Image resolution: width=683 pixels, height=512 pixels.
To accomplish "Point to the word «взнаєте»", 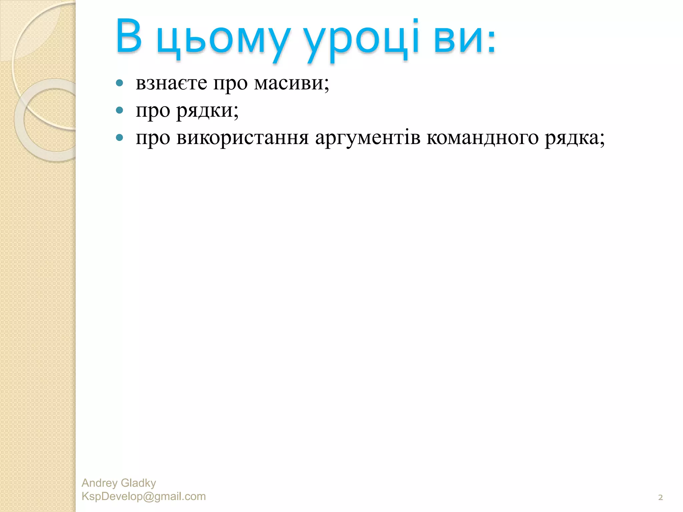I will pyautogui.click(x=171, y=83).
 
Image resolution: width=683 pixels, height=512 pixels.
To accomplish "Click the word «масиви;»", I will pyautogui.click(x=291, y=83).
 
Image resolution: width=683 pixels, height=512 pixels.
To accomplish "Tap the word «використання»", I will pyautogui.click(x=242, y=138).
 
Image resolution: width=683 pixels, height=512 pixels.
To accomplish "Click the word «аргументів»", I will pyautogui.click(x=368, y=138).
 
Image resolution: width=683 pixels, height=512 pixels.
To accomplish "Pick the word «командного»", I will pyautogui.click(x=483, y=138).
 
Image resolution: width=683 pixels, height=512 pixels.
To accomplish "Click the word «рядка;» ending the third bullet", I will pyautogui.click(x=575, y=138).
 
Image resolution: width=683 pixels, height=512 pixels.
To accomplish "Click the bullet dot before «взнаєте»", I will pyautogui.click(x=120, y=83).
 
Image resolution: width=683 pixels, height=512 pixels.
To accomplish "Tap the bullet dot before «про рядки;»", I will pyautogui.click(x=120, y=110).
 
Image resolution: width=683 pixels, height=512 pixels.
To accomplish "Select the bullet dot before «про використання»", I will pyautogui.click(x=120, y=138).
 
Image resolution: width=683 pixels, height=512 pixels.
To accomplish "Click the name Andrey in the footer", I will pyautogui.click(x=99, y=483).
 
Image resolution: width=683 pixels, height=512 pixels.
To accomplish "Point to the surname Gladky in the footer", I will pyautogui.click(x=138, y=483).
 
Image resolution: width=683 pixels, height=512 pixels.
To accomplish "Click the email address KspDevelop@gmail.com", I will pyautogui.click(x=144, y=496).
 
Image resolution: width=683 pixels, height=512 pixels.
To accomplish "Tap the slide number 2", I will pyautogui.click(x=660, y=498).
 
